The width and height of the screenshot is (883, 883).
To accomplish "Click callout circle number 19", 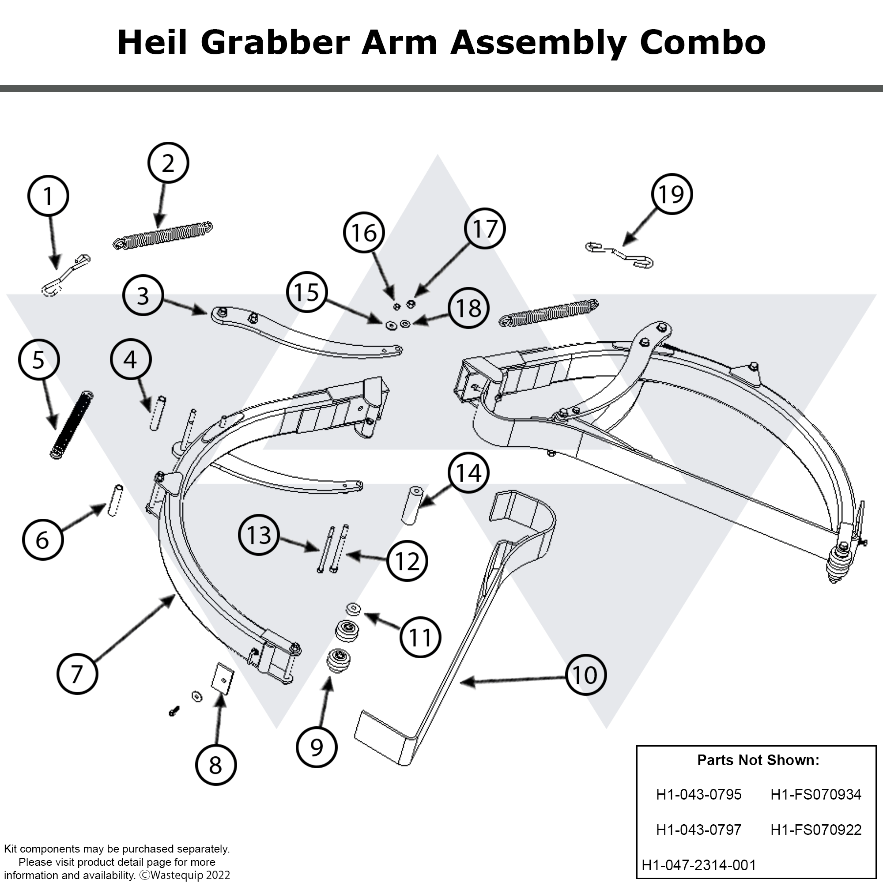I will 672,194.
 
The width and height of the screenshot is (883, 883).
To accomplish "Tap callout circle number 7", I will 77,674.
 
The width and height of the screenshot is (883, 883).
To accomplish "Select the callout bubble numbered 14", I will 468,472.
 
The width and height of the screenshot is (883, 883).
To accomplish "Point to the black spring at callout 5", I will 71,425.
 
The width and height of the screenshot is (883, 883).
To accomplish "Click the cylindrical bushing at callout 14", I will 412,506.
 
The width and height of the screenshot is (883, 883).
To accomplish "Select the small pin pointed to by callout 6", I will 115,501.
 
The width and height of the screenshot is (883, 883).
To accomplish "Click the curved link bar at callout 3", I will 302,336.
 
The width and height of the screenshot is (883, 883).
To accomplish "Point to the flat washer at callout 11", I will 353,608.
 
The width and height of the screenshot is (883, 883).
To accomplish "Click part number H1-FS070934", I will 815,794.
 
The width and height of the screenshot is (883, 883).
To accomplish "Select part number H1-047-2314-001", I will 699,865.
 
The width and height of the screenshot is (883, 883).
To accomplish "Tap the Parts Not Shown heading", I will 758,760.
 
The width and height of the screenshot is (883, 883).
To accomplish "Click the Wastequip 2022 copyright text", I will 185,875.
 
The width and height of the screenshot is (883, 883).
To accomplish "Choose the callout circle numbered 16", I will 363,233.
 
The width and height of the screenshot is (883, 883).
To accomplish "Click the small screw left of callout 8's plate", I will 174,711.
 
